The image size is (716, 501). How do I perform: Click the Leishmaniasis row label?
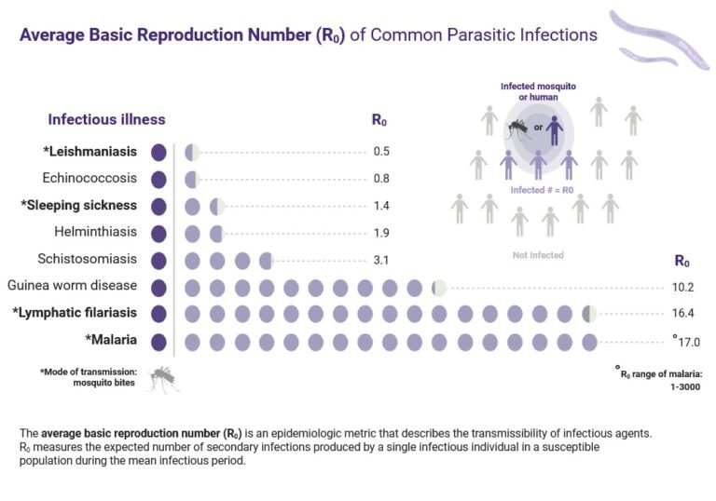90,152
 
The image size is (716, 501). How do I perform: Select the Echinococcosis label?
89,178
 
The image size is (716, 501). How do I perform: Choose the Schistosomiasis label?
89,260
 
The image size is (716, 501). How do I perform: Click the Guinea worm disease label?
72,286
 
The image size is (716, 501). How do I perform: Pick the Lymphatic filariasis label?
76,313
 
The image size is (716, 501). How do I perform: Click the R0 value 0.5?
381,152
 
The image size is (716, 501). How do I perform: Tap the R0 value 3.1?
381,260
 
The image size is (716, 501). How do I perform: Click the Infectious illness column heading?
106,119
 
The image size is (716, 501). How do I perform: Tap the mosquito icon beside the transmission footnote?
162,377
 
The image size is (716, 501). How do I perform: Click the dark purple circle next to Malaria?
158,341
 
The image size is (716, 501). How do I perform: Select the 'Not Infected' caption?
538,255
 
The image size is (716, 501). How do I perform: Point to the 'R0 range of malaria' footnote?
658,379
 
